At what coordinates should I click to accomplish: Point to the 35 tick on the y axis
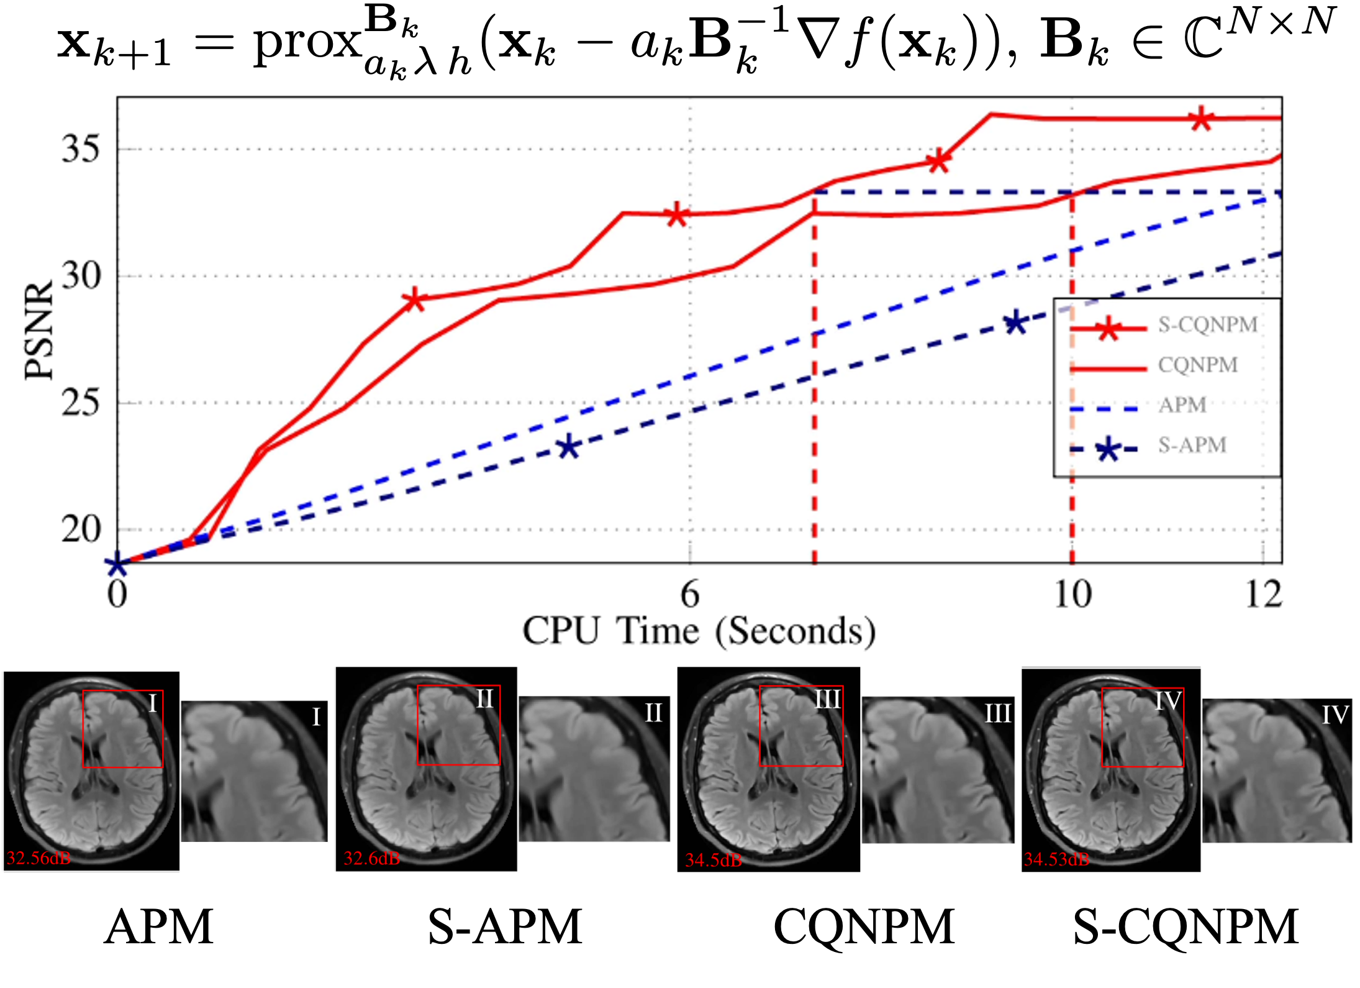tap(80, 149)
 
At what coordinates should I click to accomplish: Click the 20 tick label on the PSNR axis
tap(80, 529)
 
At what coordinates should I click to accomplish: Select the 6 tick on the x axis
tap(690, 594)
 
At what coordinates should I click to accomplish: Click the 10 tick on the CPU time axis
tap(1072, 594)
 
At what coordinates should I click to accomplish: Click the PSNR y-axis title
tap(39, 329)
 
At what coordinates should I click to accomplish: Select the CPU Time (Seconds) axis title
tap(699, 631)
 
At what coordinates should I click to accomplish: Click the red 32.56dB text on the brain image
tap(39, 858)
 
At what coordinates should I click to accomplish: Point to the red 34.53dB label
tap(1056, 859)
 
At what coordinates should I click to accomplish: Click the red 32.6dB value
tap(372, 858)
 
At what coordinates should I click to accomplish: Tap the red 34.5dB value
tap(714, 860)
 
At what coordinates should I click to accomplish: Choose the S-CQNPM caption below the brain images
tap(1186, 926)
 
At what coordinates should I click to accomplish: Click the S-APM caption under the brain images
tap(505, 926)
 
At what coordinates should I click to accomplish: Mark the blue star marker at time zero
tap(116, 565)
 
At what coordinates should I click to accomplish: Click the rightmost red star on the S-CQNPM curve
tap(1202, 119)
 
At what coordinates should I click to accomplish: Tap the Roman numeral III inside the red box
tap(827, 700)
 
